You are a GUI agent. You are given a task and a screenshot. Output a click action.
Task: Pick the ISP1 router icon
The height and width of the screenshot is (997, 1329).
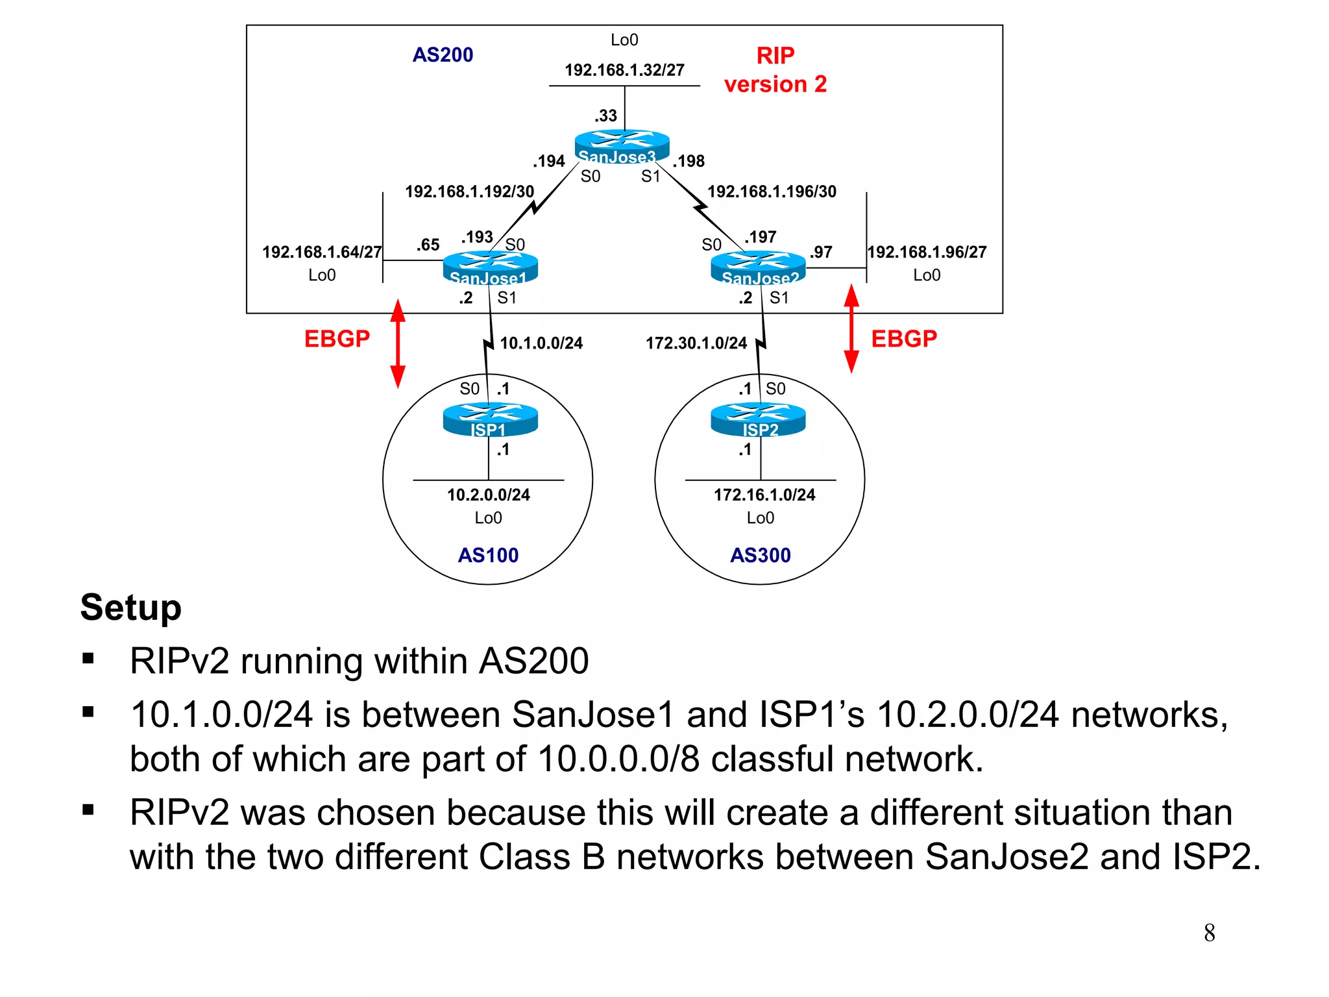coord(490,419)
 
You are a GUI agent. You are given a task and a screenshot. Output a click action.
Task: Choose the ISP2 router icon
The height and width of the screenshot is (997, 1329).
coord(758,419)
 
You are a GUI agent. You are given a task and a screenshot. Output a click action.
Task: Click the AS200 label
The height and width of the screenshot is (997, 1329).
coord(443,55)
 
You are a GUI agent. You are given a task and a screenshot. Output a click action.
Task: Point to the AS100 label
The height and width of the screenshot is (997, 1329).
coord(488,555)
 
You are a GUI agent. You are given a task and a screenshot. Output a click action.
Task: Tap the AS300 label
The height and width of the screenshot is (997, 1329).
coord(760,555)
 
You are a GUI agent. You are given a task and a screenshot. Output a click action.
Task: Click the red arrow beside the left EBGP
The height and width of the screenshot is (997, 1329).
coord(398,343)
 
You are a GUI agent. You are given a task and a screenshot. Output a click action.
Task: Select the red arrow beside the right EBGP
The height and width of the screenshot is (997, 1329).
coord(851,329)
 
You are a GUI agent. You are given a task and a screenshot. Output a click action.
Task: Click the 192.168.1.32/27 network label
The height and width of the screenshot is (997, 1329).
coord(624,70)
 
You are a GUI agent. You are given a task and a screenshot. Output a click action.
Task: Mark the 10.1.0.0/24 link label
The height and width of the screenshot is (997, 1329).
coord(541,343)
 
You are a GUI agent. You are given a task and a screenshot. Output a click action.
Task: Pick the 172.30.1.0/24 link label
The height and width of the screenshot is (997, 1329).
coord(696,343)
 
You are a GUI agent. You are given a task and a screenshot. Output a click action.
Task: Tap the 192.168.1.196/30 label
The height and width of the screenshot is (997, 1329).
coord(772,191)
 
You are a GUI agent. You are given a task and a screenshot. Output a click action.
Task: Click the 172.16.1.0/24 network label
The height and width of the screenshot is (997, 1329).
coord(764,495)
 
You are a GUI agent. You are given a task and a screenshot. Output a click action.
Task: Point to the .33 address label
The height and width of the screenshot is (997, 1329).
coord(605,116)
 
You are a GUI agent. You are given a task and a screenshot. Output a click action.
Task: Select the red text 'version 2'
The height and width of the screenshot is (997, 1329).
coord(775,84)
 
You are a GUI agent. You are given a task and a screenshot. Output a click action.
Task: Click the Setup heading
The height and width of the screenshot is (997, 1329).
coord(130,608)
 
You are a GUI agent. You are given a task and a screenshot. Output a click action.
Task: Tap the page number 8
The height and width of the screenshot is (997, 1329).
coord(1209,933)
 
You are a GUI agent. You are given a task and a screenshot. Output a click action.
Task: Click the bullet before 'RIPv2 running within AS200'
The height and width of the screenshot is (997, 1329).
coord(89,659)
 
